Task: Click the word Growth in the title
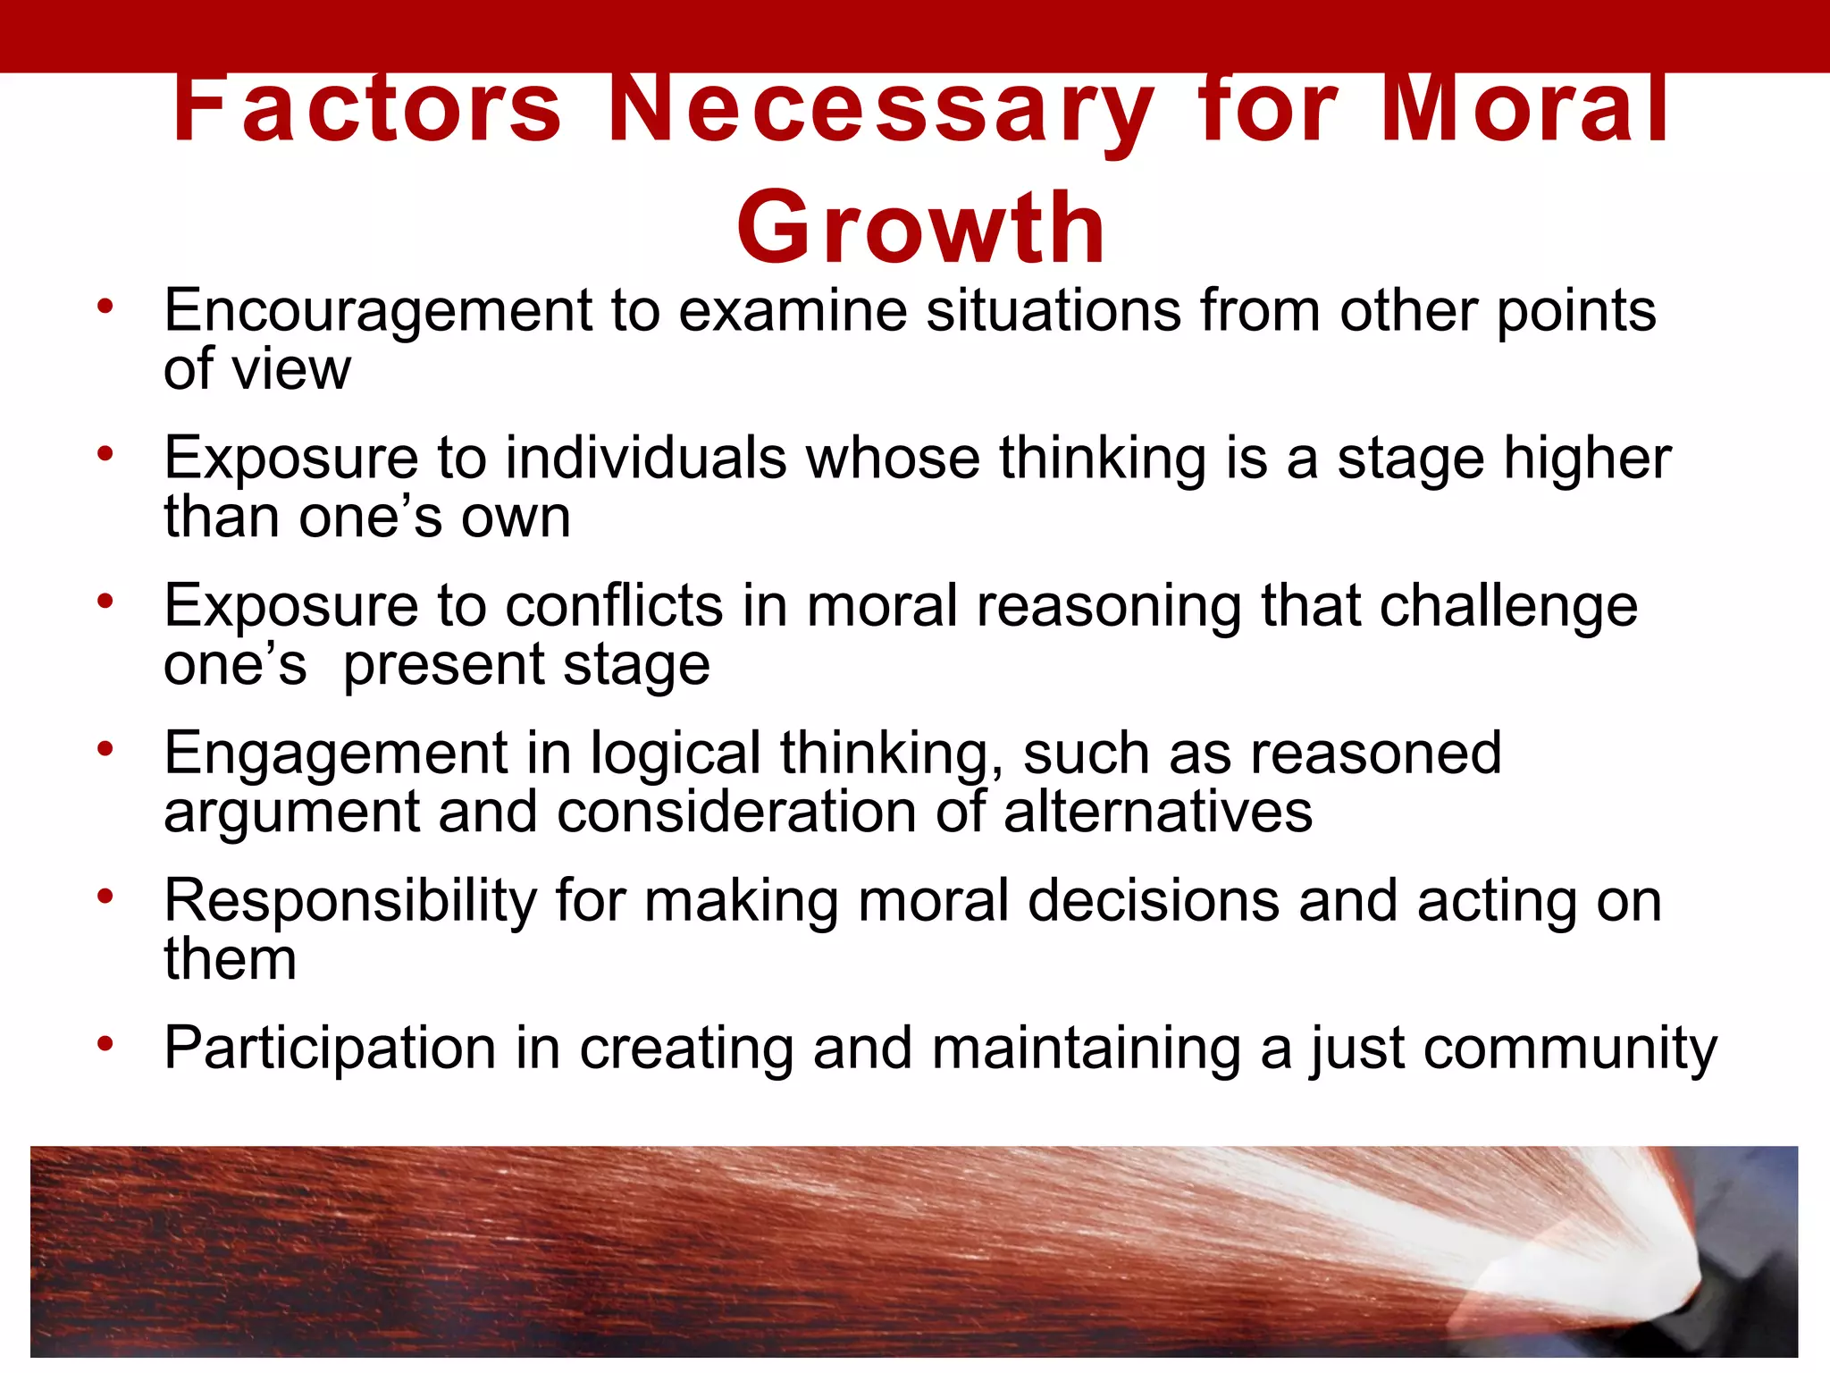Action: (920, 229)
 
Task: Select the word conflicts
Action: (614, 606)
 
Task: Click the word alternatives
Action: (1158, 813)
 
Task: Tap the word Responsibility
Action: (350, 901)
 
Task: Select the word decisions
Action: (1154, 901)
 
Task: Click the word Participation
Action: (330, 1049)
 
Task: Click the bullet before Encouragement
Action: (106, 307)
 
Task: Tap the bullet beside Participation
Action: (106, 1043)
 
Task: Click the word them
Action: (230, 960)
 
